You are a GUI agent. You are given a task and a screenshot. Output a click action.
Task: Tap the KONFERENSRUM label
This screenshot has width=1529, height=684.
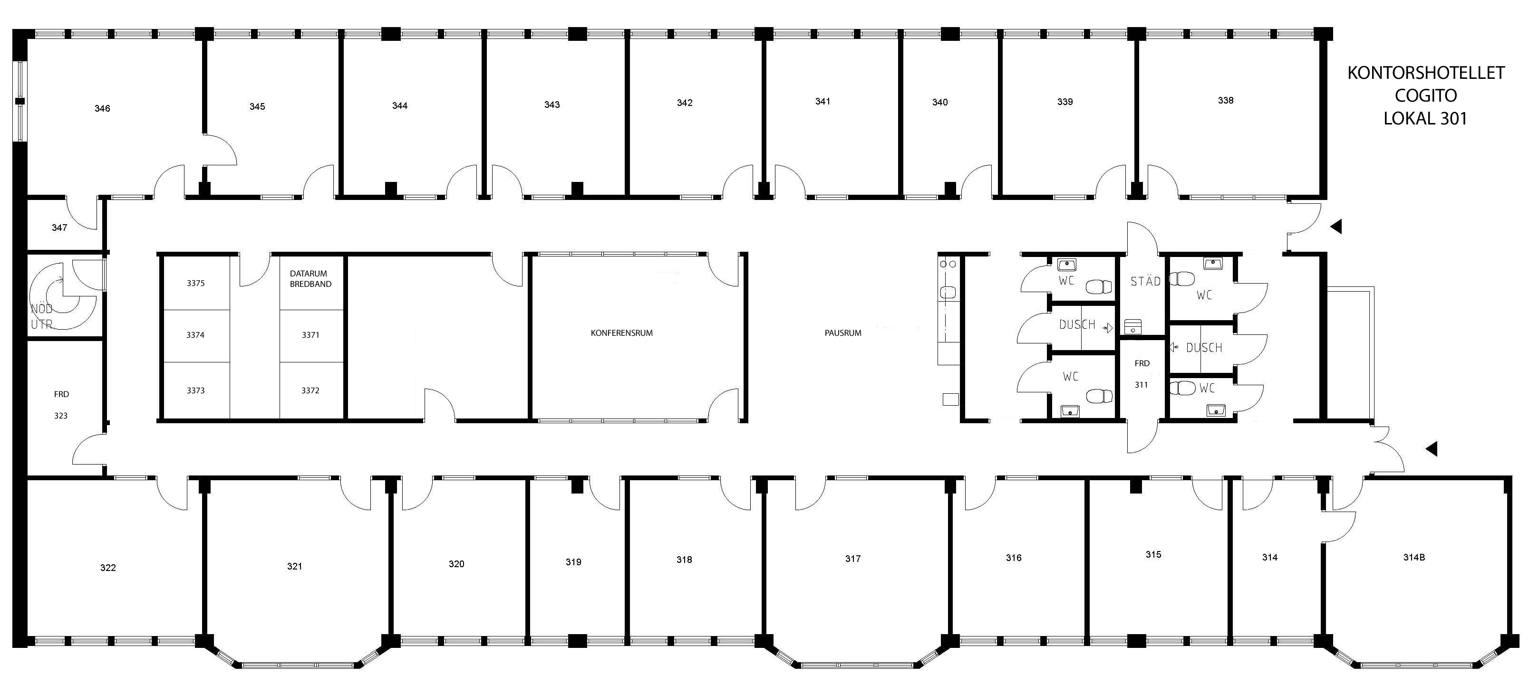[x=621, y=333]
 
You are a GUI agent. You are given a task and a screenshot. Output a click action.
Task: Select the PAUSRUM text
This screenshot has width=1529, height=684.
[x=843, y=333]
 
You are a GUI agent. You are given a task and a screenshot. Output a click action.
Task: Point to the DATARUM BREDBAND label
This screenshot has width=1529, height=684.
[x=310, y=279]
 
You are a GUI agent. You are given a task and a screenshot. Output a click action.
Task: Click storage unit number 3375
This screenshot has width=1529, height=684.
[x=196, y=284]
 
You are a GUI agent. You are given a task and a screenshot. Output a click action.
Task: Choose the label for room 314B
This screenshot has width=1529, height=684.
[x=1414, y=558]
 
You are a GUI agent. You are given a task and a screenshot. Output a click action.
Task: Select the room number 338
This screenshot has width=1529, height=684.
[x=1226, y=101]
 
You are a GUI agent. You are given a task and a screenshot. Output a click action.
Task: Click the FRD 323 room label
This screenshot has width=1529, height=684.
[x=61, y=405]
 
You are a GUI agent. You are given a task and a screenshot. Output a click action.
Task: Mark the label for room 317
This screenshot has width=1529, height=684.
[x=853, y=559]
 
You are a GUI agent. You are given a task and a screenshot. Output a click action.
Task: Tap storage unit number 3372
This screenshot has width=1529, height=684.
[x=310, y=391]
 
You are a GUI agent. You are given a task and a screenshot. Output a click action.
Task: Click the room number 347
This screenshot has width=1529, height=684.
[x=59, y=228]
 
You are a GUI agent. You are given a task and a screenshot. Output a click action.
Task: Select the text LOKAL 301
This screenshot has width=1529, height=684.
[x=1425, y=119]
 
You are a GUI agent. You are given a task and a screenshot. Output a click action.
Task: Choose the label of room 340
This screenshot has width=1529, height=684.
[x=939, y=103]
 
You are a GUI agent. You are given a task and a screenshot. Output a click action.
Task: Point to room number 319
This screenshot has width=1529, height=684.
[x=573, y=562]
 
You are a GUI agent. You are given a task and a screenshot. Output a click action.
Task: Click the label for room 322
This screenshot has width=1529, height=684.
[x=108, y=568]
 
